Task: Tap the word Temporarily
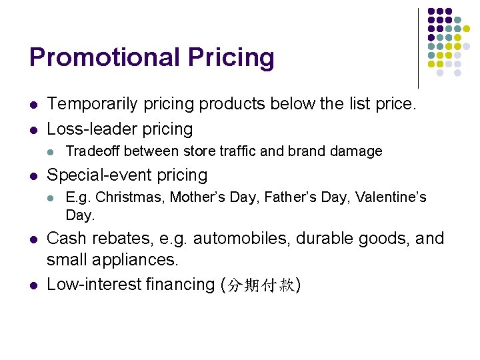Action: (90, 104)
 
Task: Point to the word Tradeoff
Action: (93, 151)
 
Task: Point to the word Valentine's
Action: (391, 197)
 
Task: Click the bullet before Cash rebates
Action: (33, 239)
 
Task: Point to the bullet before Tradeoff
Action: (53, 152)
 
